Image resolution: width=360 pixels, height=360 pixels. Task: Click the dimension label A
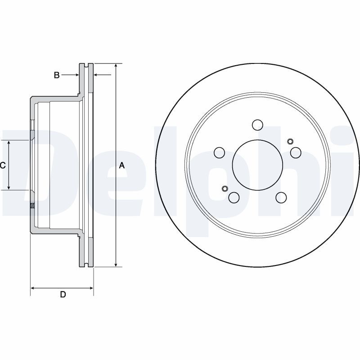coord(121,166)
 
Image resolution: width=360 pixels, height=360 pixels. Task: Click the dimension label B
coord(57,75)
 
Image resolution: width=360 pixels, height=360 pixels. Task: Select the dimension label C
coord(3,166)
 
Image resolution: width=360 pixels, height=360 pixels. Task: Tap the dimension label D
coord(63,295)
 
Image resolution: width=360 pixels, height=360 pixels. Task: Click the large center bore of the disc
coord(257,165)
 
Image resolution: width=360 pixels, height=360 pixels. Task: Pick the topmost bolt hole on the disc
coord(257,125)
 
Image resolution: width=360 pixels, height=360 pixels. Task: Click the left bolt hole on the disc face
coord(219,153)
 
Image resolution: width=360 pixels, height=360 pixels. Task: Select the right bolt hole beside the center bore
coord(296,153)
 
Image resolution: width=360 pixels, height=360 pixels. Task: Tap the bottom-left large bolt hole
coord(234,197)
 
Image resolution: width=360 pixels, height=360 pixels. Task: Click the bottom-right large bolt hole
coord(281,197)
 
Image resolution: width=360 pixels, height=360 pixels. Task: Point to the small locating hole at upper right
coord(289,142)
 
